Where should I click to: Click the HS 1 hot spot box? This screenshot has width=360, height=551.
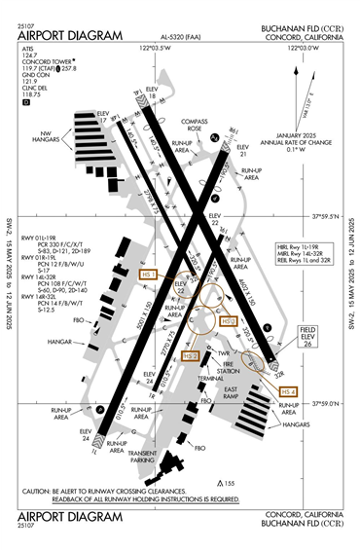(x=148, y=275)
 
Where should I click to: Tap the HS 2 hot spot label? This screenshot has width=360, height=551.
(x=192, y=356)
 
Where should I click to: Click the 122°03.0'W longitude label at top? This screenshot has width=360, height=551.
(x=159, y=46)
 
